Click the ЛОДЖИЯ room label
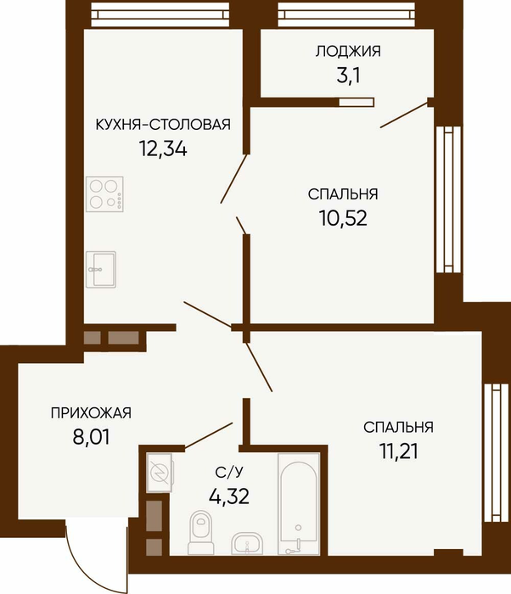[x=348, y=51]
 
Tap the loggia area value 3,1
[x=348, y=76]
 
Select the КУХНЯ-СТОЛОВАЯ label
[x=163, y=124]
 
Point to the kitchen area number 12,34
[x=163, y=148]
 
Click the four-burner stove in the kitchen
[x=104, y=194]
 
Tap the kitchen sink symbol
[x=101, y=269]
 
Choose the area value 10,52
[x=343, y=218]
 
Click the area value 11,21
[x=398, y=451]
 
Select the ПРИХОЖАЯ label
[x=91, y=413]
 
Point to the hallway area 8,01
[x=91, y=437]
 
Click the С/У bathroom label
[x=229, y=472]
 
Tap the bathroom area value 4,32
[x=229, y=496]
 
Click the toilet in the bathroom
[x=201, y=532]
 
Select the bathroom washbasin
[x=247, y=544]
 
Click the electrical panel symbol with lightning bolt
[x=160, y=474]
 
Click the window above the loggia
[x=346, y=14]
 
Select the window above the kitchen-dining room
[x=160, y=14]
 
